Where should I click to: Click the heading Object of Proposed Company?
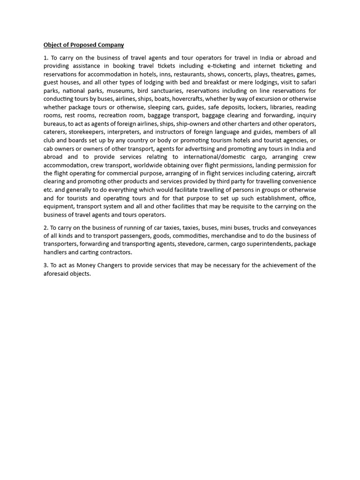click(x=84, y=45)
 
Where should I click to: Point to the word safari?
click(x=307, y=82)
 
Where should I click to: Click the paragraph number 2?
click(x=45, y=227)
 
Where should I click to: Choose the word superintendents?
click(x=266, y=244)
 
